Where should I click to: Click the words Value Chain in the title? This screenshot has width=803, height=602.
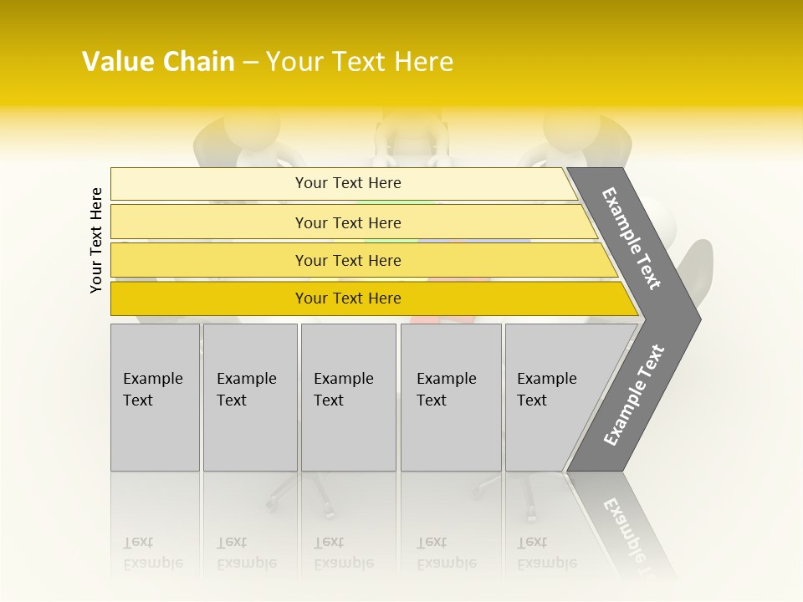158,62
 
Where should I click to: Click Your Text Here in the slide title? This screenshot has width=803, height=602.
360,62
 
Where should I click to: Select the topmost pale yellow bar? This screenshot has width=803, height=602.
209,183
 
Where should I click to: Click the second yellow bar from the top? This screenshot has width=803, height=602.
209,222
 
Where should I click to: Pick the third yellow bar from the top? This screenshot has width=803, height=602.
209,260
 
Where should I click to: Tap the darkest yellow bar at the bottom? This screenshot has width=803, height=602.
209,298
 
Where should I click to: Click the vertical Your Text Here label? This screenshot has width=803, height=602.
96,240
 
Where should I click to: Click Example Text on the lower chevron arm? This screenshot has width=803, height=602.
634,395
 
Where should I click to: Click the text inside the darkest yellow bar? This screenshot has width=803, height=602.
348,298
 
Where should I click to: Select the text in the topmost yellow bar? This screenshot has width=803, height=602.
348,183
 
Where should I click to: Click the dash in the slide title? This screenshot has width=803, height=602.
250,62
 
